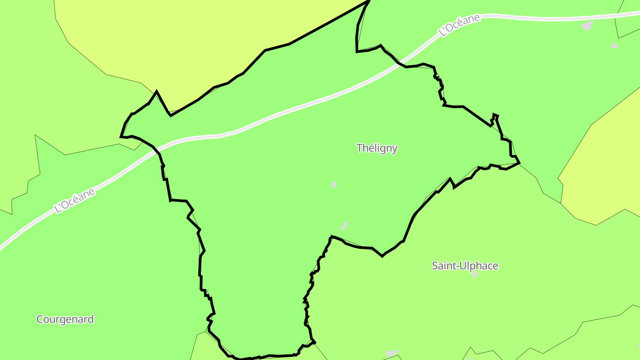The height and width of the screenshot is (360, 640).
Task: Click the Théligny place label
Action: pos(377,148)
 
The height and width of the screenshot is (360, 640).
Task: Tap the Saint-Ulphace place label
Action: pos(465,266)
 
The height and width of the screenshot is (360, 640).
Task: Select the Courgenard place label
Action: pos(65,319)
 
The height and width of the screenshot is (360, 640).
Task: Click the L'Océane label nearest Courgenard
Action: pos(74,200)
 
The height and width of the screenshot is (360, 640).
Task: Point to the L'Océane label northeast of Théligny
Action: pos(459,25)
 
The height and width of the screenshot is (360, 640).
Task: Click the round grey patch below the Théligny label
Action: pos(334,184)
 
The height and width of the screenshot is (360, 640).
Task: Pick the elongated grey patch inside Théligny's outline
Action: pos(344,225)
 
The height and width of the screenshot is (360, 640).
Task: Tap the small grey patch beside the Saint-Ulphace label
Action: pos(475,275)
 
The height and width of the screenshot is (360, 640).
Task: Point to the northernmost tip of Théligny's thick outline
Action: pos(368,1)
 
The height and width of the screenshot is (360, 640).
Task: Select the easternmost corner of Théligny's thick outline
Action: pos(519,163)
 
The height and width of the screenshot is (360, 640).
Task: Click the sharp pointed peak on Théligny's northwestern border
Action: pos(156,92)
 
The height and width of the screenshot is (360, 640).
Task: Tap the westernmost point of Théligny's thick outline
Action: pos(121,137)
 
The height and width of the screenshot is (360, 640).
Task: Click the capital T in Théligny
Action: pos(360,148)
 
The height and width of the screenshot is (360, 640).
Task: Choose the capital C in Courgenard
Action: pos(40,319)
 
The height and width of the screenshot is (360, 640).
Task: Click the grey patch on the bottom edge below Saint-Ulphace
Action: pos(392,353)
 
